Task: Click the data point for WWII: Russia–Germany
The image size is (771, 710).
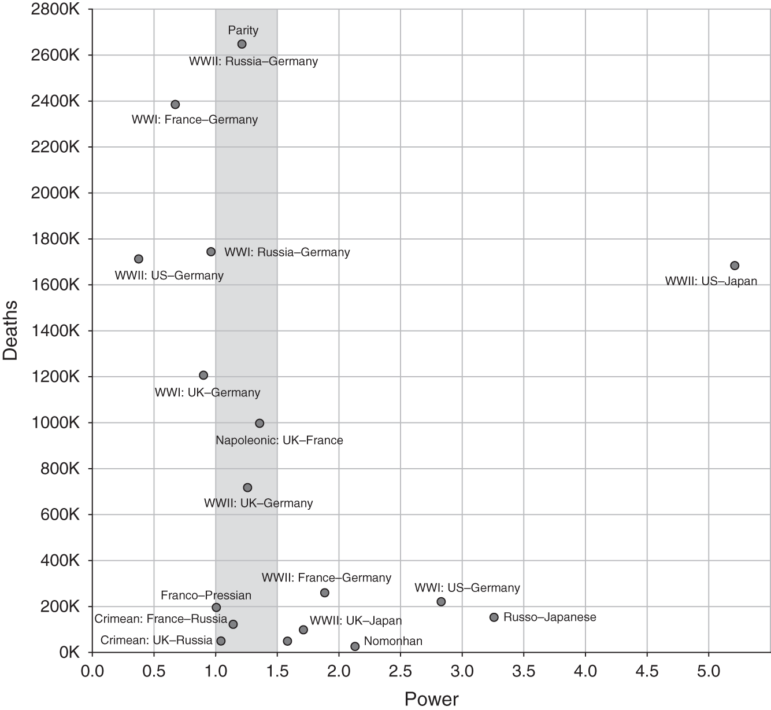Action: pyautogui.click(x=242, y=44)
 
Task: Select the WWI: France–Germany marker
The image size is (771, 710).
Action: pyautogui.click(x=175, y=105)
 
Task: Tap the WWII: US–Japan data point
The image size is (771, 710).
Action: pyautogui.click(x=735, y=266)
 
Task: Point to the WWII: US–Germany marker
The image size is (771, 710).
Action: pyautogui.click(x=139, y=259)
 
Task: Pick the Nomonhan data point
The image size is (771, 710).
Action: pyautogui.click(x=355, y=646)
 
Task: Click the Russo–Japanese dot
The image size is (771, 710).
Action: pyautogui.click(x=494, y=617)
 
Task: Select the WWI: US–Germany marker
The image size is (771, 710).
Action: pyautogui.click(x=441, y=602)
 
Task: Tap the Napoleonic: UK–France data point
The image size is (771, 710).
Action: pyautogui.click(x=260, y=424)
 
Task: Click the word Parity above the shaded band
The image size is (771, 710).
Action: pyautogui.click(x=243, y=30)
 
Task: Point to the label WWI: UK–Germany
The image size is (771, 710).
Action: pyautogui.click(x=207, y=393)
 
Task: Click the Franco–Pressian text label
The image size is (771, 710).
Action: pyautogui.click(x=206, y=595)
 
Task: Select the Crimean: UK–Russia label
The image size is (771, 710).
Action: pyautogui.click(x=157, y=641)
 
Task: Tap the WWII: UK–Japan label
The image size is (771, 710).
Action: pyautogui.click(x=355, y=621)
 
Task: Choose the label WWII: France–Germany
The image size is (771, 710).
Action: pyautogui.click(x=326, y=577)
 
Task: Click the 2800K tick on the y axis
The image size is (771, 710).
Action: pyautogui.click(x=55, y=9)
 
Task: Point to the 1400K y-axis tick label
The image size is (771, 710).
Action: pyautogui.click(x=55, y=331)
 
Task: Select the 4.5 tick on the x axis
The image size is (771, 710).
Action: pyautogui.click(x=647, y=672)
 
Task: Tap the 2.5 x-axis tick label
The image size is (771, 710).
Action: pyautogui.click(x=400, y=672)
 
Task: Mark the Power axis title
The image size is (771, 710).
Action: pyautogui.click(x=431, y=699)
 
